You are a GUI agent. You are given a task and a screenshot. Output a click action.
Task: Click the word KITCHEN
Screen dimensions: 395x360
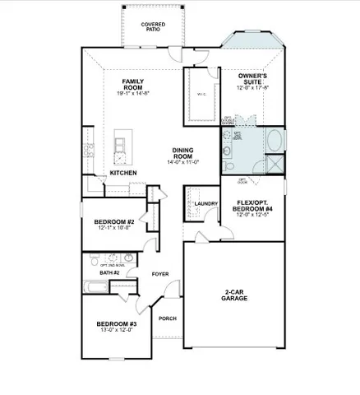pyautogui.click(x=123, y=173)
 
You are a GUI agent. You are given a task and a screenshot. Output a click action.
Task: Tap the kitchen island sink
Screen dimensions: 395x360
pyautogui.click(x=120, y=147)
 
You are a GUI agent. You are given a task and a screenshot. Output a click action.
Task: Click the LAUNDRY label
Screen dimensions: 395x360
pyautogui.click(x=205, y=202)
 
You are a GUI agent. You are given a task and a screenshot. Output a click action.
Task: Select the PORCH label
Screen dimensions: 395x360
pyautogui.click(x=168, y=318)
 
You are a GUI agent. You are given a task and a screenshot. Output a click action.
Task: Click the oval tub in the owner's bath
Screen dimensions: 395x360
pyautogui.click(x=273, y=139)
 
